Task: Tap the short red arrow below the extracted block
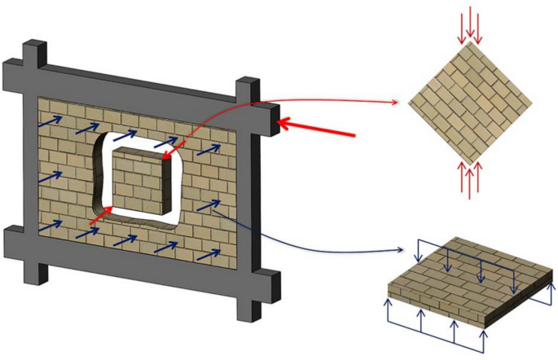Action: [x=98, y=216]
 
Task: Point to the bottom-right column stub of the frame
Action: [x=249, y=308]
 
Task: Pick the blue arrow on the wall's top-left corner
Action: [x=49, y=122]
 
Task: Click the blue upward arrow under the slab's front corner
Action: [x=485, y=340]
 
